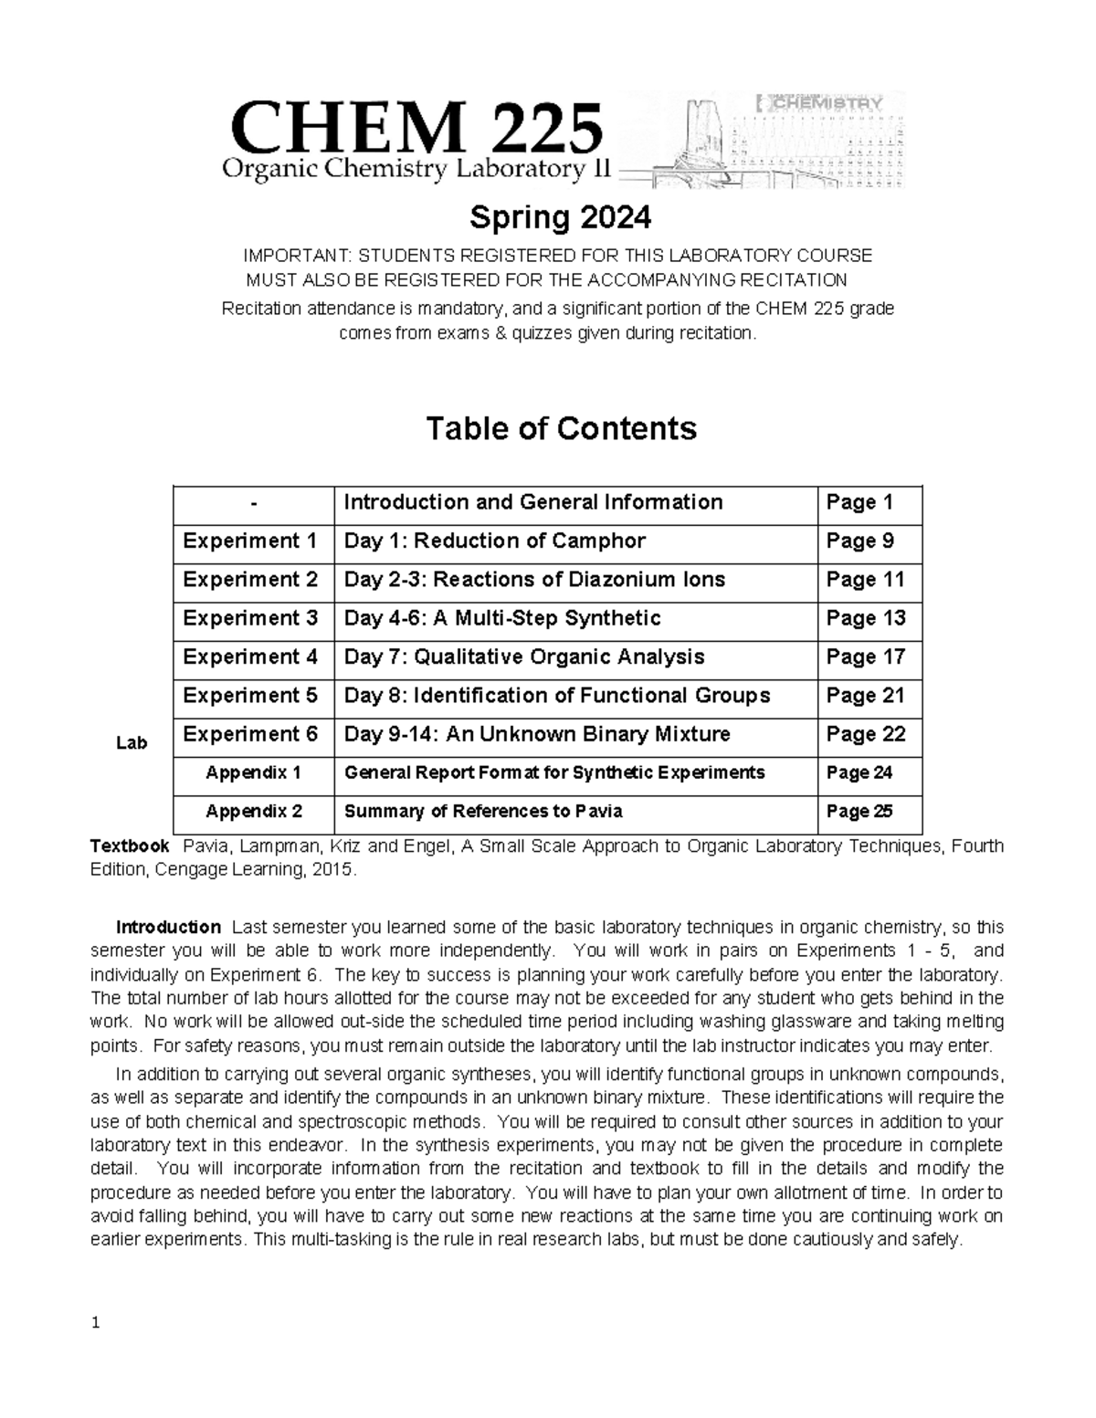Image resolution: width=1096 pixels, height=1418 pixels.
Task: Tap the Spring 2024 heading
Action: pyautogui.click(x=560, y=218)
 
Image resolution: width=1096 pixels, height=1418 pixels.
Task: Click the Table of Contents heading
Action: pyautogui.click(x=561, y=428)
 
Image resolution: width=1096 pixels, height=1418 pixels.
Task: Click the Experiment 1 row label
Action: pyautogui.click(x=250, y=541)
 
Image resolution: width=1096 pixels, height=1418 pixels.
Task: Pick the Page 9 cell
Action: pyautogui.click(x=859, y=541)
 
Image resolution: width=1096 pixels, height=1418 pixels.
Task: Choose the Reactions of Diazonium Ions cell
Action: pyautogui.click(x=534, y=580)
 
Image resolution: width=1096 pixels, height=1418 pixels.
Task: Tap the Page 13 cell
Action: pyautogui.click(x=865, y=618)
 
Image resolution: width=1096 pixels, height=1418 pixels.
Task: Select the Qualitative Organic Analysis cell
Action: pyautogui.click(x=524, y=656)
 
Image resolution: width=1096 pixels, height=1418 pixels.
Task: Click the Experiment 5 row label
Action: pyautogui.click(x=250, y=696)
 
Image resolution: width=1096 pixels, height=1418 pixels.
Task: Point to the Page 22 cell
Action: pyautogui.click(x=865, y=734)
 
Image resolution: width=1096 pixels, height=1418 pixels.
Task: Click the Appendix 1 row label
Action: pyautogui.click(x=253, y=773)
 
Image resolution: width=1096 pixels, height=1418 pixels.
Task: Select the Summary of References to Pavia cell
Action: pyautogui.click(x=483, y=812)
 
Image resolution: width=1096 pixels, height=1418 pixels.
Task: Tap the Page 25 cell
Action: pyautogui.click(x=859, y=812)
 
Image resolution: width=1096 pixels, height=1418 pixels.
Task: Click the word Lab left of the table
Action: pyautogui.click(x=132, y=743)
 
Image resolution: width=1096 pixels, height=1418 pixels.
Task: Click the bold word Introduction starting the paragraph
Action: pyautogui.click(x=168, y=928)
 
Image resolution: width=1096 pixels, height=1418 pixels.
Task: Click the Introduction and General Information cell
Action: pyautogui.click(x=532, y=502)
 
